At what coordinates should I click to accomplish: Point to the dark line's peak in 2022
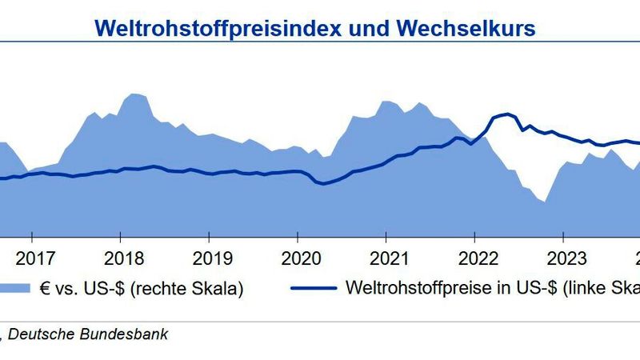coord(506,114)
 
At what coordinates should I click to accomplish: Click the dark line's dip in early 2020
coord(321,184)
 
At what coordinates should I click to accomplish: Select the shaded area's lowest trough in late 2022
coord(544,202)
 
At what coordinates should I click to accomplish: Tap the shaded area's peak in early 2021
coord(387,102)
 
